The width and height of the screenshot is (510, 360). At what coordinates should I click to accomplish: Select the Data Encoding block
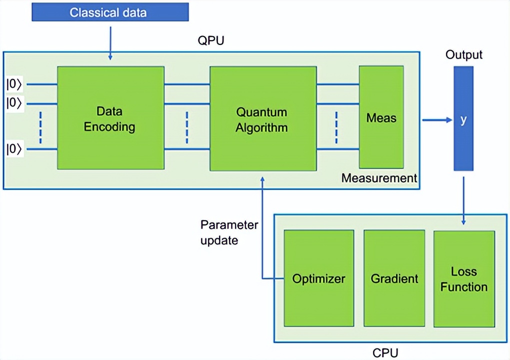(110, 118)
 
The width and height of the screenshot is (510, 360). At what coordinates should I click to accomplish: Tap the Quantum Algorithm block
(262, 118)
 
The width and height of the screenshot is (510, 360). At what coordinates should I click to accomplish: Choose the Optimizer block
(318, 278)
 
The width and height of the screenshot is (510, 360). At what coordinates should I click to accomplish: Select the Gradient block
(394, 278)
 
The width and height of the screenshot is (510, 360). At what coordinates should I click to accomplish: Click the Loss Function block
(464, 278)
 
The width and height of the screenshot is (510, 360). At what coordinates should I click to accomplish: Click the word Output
(464, 54)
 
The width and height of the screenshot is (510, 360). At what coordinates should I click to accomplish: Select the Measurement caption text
(379, 178)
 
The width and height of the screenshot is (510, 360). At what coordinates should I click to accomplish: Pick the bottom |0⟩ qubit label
(14, 149)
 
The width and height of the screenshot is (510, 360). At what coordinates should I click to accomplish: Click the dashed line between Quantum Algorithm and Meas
(336, 126)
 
